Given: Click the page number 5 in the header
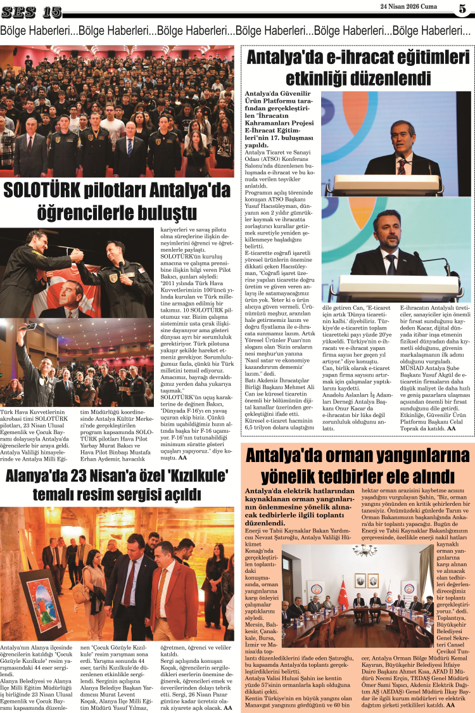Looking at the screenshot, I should tap(461, 9).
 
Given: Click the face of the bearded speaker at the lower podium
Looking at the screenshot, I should tap(391, 228).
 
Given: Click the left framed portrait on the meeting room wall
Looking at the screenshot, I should tap(360, 580).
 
